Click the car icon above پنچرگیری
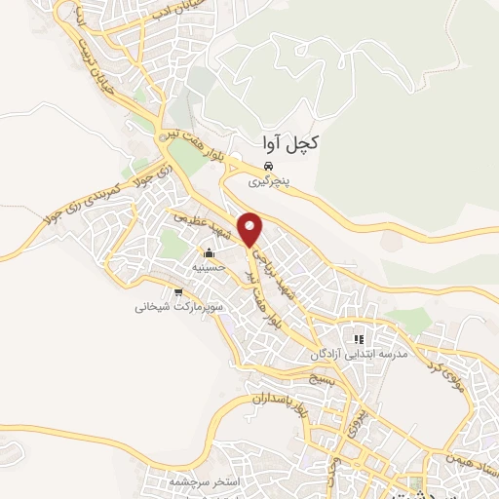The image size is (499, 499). [x=268, y=166]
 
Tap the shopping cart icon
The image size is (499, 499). [x=177, y=291]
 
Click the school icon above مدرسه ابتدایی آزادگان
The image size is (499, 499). [x=358, y=339]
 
